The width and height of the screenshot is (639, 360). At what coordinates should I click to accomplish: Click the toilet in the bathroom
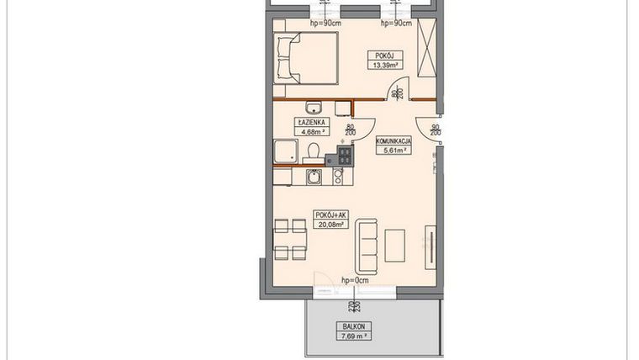click(x=313, y=151)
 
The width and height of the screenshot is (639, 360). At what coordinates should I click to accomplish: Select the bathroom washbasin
click(x=314, y=108)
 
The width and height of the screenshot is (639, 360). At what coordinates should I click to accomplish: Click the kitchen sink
click(x=314, y=177)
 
